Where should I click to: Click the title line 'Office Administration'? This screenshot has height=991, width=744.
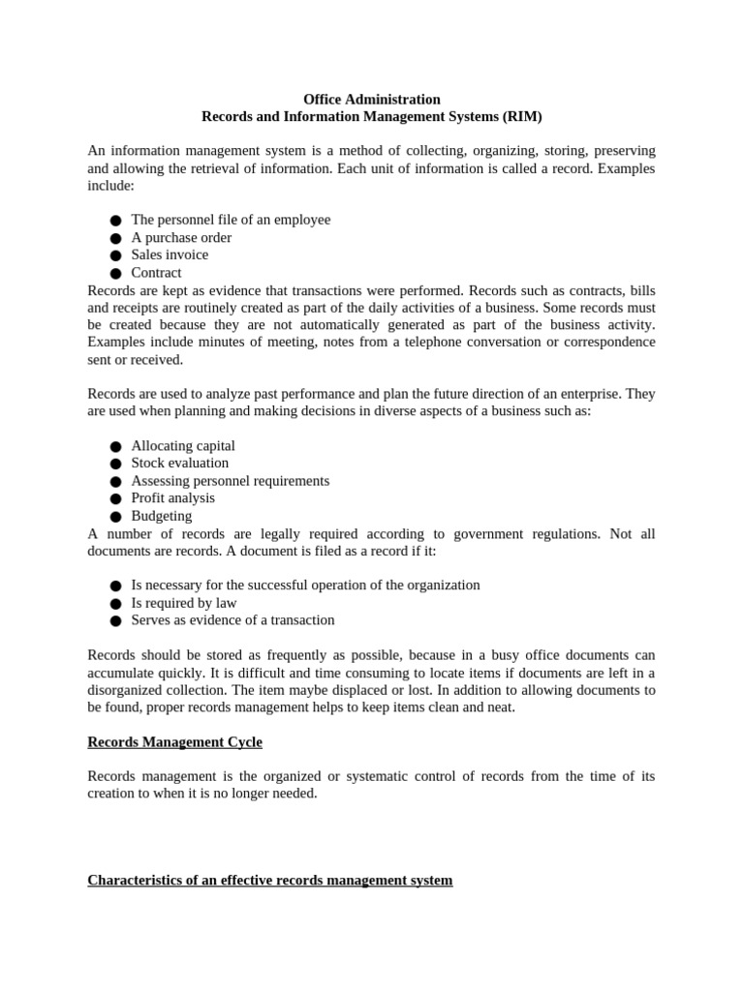(372, 99)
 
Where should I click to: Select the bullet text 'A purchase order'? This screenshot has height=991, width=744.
(181, 237)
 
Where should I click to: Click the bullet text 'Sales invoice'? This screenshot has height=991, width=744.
(170, 255)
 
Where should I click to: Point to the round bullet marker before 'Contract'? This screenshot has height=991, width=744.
(115, 273)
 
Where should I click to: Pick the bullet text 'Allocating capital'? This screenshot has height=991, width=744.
(183, 446)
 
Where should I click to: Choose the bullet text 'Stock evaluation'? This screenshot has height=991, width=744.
(180, 463)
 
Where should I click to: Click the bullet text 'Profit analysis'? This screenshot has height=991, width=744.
(173, 497)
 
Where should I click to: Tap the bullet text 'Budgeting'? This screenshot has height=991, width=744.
(162, 516)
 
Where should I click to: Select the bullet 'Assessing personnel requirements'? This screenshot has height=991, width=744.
(231, 480)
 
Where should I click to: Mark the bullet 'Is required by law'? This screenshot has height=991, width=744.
(184, 602)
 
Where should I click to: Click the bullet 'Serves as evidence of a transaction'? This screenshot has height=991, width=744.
(232, 619)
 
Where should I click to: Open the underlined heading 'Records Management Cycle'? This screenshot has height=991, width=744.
(174, 742)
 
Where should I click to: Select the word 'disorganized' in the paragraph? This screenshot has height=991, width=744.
(126, 690)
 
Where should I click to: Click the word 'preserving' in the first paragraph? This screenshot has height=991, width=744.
(622, 151)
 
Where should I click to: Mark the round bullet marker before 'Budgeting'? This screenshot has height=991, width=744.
(115, 517)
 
